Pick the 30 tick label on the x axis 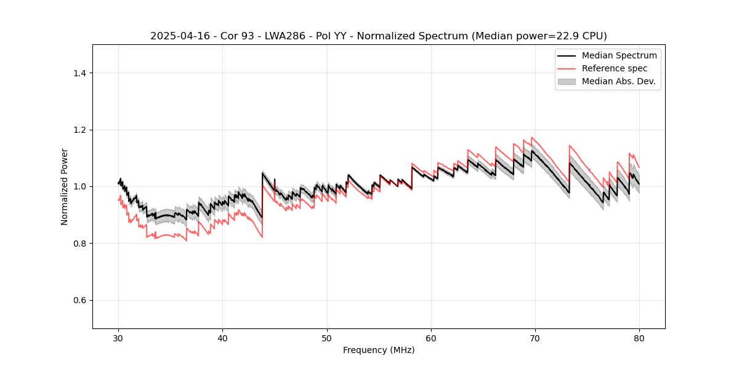point(118,338)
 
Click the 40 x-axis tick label point(222,338)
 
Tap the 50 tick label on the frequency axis point(326,338)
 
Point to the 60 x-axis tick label point(431,338)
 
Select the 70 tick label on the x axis point(535,338)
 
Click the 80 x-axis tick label point(639,338)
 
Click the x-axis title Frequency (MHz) point(379,350)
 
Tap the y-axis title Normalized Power point(65,186)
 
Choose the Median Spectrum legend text point(619,55)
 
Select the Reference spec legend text point(615,68)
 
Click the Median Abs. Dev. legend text point(618,81)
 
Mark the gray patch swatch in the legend point(567,81)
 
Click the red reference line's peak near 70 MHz point(532,138)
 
